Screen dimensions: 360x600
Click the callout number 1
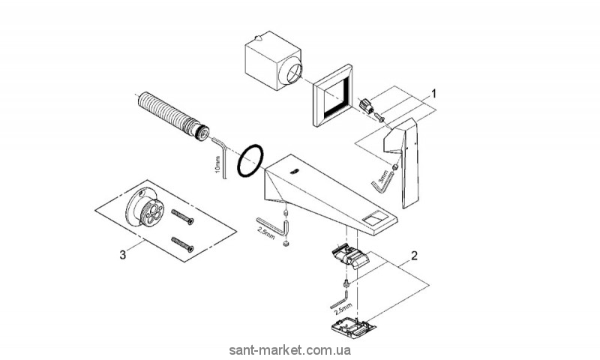coord(432,94)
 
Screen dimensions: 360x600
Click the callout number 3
coord(123,254)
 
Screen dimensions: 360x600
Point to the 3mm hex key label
coord(383,178)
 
